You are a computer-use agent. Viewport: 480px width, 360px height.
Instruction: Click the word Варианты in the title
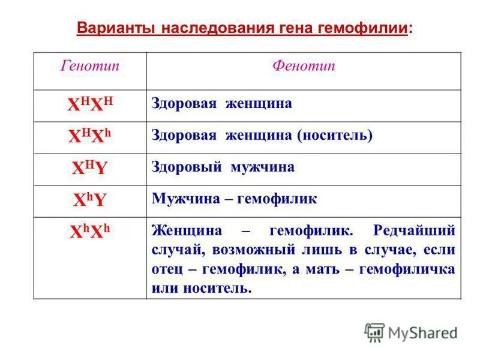click(116, 28)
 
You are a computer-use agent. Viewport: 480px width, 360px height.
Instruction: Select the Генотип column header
click(90, 66)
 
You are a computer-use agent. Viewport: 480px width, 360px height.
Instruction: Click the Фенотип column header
click(304, 66)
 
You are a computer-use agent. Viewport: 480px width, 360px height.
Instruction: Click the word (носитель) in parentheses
click(335, 136)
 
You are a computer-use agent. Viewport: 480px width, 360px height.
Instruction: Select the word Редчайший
click(414, 231)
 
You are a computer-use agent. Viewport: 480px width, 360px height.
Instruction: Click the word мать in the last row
click(320, 269)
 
